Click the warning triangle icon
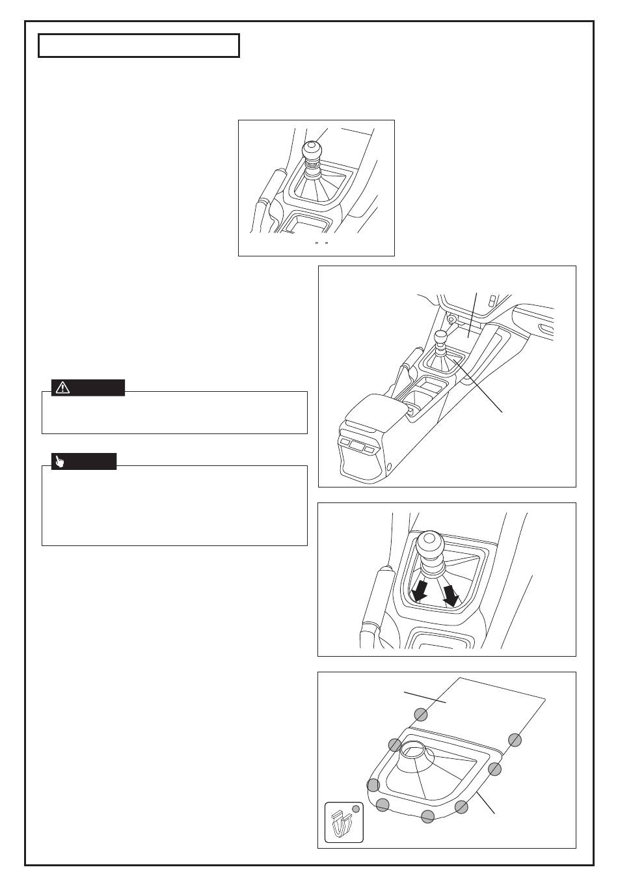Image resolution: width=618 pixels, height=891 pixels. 62,388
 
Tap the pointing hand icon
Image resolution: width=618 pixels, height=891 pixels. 60,462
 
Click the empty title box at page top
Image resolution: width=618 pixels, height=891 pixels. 139,46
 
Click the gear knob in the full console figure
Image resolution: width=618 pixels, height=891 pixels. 441,337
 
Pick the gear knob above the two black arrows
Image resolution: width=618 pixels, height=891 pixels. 429,545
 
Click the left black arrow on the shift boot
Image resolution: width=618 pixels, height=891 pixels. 420,591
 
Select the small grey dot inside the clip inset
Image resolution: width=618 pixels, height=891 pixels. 355,809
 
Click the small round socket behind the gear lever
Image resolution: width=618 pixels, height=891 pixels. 450,320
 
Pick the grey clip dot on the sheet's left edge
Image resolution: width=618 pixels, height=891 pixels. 421,715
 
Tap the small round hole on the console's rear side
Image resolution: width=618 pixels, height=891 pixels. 389,467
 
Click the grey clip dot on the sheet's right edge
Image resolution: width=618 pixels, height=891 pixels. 515,740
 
